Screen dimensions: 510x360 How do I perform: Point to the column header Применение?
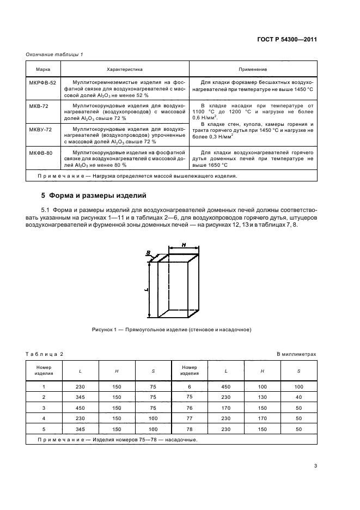pos(253,70)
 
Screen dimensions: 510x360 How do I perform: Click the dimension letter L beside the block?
pos(147,290)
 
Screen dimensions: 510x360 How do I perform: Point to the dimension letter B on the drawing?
pos(148,252)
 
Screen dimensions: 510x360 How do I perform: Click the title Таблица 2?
pos(45,354)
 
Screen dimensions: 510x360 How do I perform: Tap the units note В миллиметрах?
pos(296,354)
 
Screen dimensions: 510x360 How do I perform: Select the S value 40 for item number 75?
pos(298,397)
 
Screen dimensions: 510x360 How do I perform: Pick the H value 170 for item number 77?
pos(262,418)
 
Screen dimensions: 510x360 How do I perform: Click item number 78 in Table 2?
pos(190,429)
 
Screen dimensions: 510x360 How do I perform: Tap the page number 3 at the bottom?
pos(315,465)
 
